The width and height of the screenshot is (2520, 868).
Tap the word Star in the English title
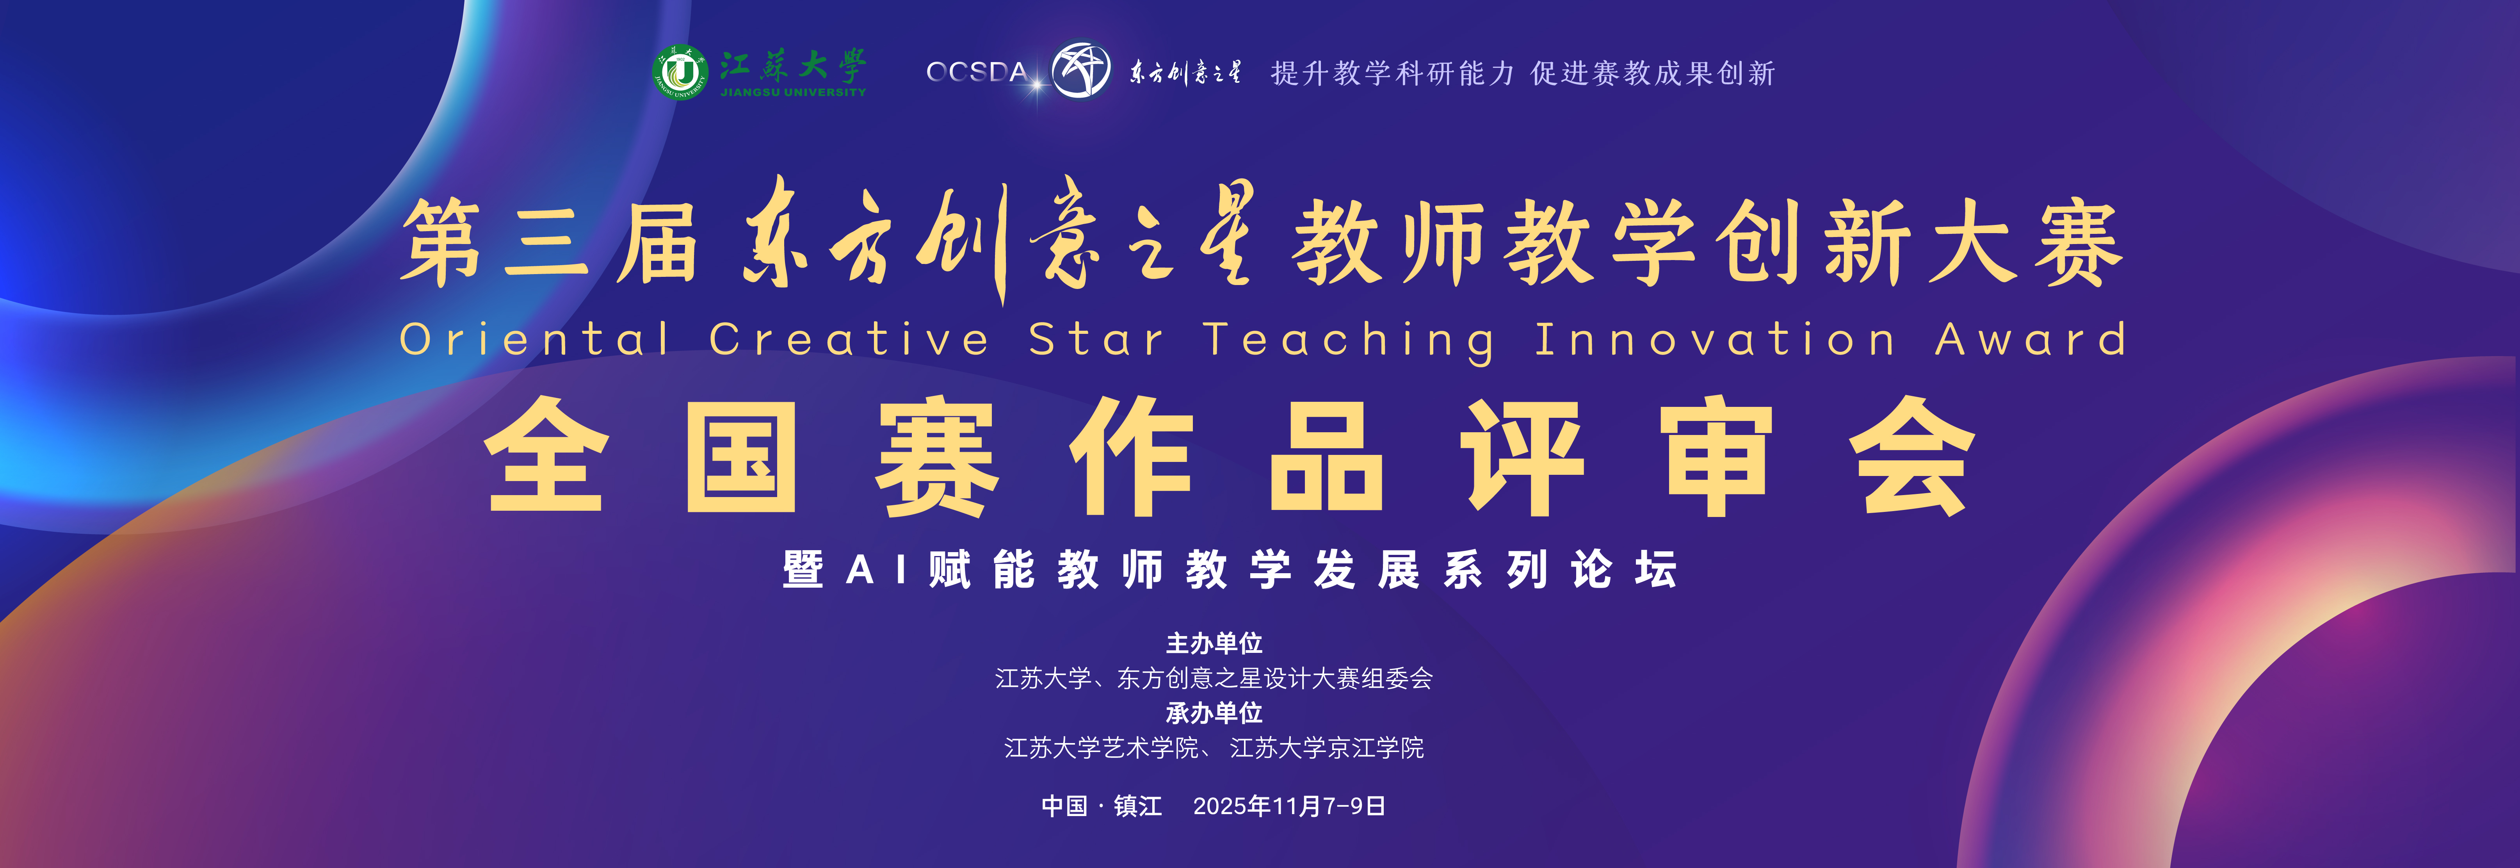1096,340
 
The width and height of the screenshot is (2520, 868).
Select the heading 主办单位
1214,643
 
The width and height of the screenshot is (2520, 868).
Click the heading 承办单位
1214,713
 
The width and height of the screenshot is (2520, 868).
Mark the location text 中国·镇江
1102,806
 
